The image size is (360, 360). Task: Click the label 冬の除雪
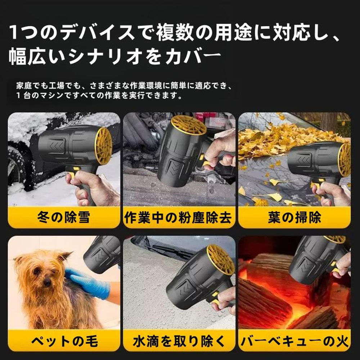pyautogui.click(x=63, y=217)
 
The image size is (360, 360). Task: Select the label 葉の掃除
pyautogui.click(x=294, y=217)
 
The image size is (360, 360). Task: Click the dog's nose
pyautogui.click(x=47, y=283)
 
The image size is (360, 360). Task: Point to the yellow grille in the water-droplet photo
pyautogui.click(x=220, y=259)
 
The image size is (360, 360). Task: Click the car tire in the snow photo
pyautogui.click(x=16, y=162)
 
